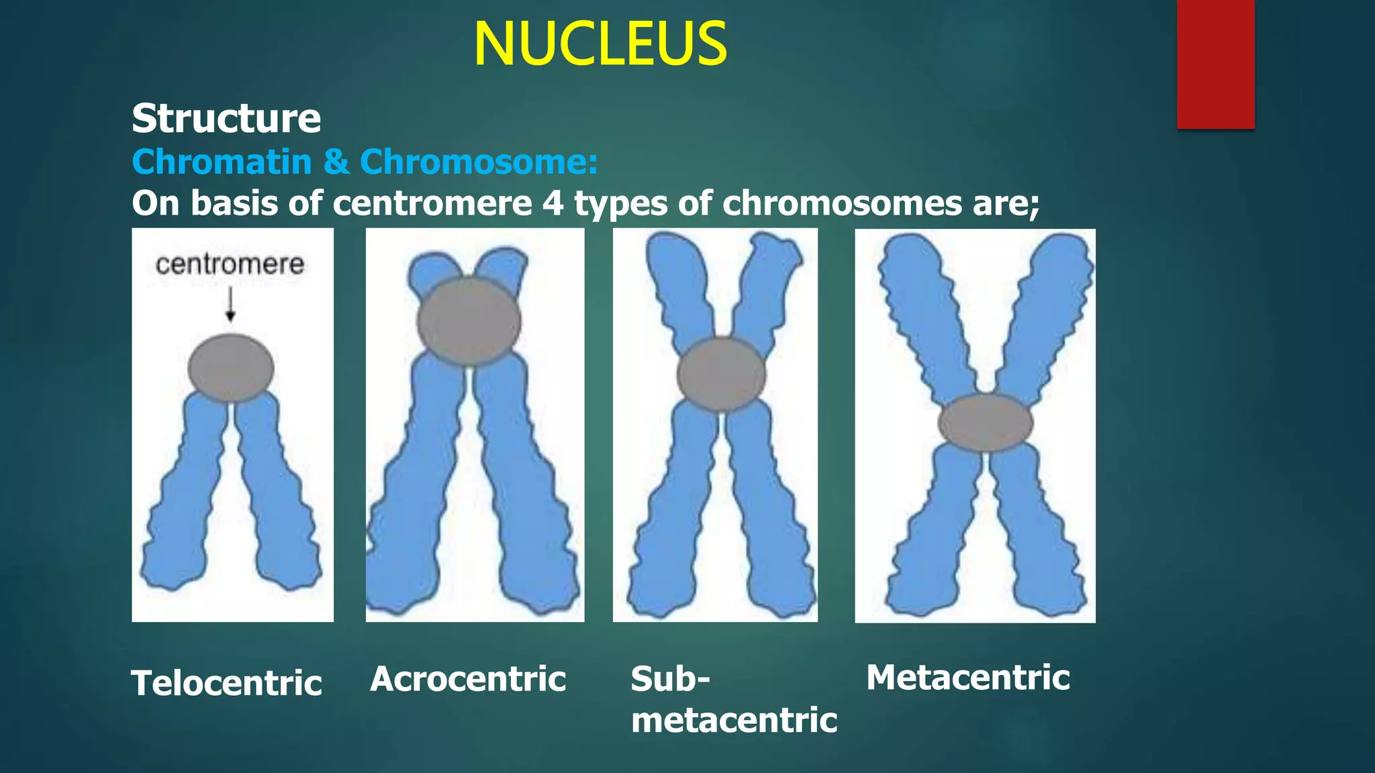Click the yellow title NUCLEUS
[x=600, y=44]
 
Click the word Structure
[x=226, y=119]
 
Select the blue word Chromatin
[x=222, y=162]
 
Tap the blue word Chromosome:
[x=479, y=162]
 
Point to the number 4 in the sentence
[x=553, y=203]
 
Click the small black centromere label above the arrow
[x=230, y=264]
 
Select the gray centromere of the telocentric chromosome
[x=230, y=368]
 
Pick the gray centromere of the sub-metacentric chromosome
[x=721, y=374]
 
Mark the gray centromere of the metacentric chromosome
[x=985, y=423]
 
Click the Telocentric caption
[x=227, y=683]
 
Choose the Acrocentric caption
[x=468, y=679]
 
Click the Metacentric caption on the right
[x=967, y=678]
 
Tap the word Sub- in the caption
[x=670, y=679]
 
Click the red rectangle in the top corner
[x=1215, y=64]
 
